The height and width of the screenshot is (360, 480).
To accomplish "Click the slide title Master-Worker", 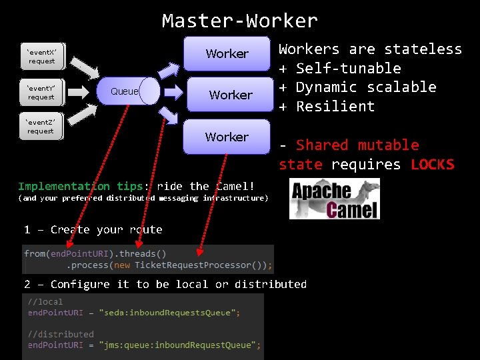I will [x=239, y=21].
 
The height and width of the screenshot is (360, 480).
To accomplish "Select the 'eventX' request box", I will [x=41, y=57].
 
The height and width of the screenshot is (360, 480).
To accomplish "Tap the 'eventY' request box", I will [x=41, y=93].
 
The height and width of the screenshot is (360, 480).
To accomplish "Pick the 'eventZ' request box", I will [x=41, y=127].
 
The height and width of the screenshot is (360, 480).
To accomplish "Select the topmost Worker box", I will [x=227, y=53].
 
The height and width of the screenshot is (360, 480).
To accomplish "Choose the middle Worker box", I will [x=231, y=95].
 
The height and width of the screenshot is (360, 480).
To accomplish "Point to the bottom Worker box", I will [x=227, y=137].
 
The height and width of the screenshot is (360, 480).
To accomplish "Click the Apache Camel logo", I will [x=335, y=199].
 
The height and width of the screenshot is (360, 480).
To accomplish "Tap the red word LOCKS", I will [x=432, y=165].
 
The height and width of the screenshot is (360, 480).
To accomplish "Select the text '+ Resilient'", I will [x=327, y=107].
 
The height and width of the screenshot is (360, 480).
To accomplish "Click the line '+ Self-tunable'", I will [x=340, y=68].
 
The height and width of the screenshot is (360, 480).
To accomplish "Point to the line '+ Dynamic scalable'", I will [x=357, y=87].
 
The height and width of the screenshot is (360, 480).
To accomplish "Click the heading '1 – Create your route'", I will [x=93, y=229].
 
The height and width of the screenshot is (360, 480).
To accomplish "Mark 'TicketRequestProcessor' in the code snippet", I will [x=194, y=265].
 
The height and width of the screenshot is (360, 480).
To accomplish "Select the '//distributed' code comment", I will [x=61, y=334].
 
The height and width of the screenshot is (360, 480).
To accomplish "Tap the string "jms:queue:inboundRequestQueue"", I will [x=179, y=345].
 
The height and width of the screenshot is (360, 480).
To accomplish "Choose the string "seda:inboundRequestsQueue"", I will [x=169, y=312].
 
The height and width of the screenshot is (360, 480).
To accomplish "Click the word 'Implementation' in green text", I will [x=63, y=186].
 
